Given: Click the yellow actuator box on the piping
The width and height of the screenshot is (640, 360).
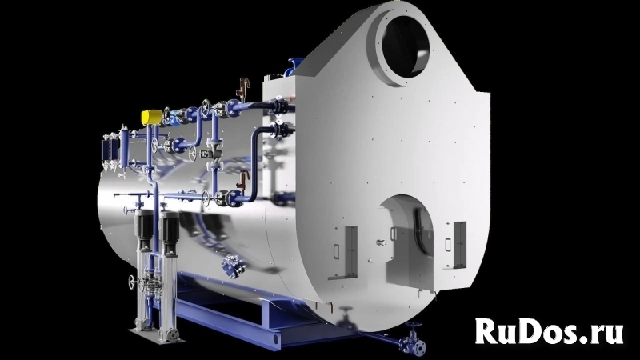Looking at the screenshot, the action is tap(151, 117).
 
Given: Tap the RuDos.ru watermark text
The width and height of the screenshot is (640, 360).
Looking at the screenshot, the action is tap(550, 330).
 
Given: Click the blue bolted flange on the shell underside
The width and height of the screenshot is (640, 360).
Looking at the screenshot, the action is tap(234, 266).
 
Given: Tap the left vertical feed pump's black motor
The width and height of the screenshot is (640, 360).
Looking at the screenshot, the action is tap(144, 229).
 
